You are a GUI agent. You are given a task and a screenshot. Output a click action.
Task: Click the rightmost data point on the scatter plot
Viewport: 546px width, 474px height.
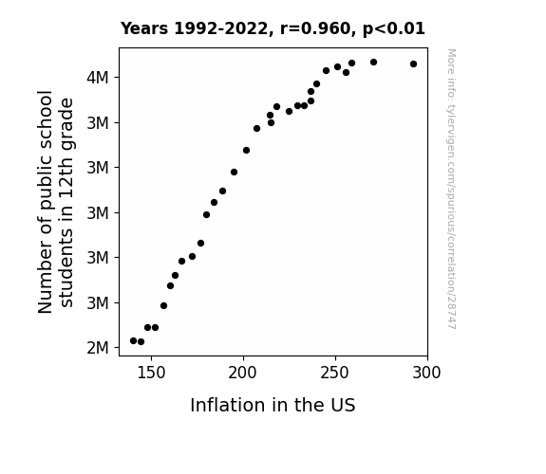click(x=413, y=64)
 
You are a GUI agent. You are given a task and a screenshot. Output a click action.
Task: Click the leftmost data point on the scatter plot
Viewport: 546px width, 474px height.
click(x=133, y=341)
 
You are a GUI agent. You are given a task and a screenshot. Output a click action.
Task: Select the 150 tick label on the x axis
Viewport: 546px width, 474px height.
click(x=151, y=373)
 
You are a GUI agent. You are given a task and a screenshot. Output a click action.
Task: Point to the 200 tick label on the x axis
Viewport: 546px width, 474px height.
click(x=243, y=373)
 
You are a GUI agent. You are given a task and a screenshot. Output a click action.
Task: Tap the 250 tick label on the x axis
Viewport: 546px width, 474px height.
click(x=335, y=373)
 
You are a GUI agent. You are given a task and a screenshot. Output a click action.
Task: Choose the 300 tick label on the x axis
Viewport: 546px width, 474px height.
click(x=427, y=373)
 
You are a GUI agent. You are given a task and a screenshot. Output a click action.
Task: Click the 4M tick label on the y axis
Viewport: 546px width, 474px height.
click(x=98, y=77)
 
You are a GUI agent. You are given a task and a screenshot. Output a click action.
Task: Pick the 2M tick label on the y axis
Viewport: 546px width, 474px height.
click(x=98, y=347)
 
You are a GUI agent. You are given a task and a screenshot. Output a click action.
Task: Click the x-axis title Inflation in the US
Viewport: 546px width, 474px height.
click(x=273, y=405)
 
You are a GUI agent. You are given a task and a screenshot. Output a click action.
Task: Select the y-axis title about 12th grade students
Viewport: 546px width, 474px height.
click(x=56, y=202)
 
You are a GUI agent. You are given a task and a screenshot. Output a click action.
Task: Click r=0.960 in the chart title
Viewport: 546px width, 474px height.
click(x=315, y=28)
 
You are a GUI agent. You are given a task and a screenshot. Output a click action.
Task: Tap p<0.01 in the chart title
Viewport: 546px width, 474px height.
click(x=394, y=28)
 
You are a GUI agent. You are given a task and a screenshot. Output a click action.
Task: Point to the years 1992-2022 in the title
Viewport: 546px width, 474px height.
click(x=221, y=28)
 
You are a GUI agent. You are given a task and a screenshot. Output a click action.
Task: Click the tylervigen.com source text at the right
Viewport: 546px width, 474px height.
click(x=452, y=189)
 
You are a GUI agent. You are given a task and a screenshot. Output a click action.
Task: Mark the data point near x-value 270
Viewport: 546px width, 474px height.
click(x=373, y=63)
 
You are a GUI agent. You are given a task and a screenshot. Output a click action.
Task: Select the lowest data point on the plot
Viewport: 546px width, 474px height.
click(x=141, y=342)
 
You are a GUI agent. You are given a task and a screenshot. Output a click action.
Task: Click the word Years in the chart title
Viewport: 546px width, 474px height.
click(x=144, y=28)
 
